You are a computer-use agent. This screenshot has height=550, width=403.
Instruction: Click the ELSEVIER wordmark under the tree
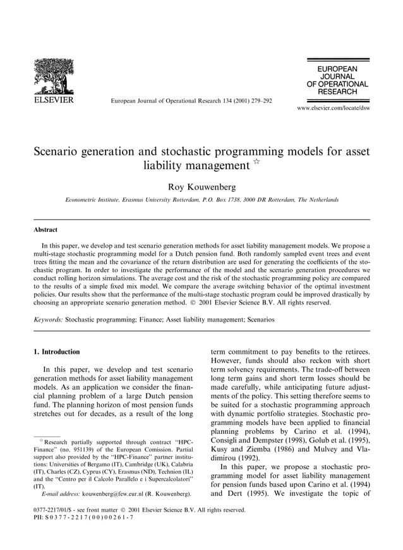tap(53, 100)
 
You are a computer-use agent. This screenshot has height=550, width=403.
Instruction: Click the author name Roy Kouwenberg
tap(201, 187)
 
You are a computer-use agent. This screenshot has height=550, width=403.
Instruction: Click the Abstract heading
tap(45, 230)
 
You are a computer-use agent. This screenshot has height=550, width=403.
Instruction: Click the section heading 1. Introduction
tap(56, 352)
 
